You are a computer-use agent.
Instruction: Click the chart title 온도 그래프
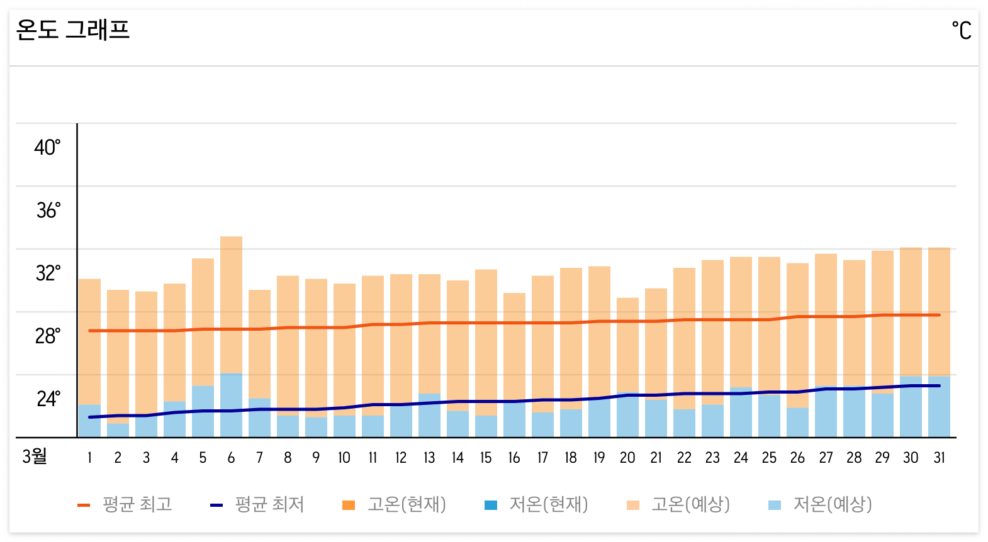(72, 30)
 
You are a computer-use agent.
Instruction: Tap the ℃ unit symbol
(961, 30)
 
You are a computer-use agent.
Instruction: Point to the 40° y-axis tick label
(47, 147)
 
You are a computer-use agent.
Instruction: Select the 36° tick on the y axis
(48, 210)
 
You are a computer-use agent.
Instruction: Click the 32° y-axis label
(48, 273)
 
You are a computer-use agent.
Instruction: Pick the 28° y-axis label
(48, 336)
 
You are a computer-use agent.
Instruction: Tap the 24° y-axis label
(48, 399)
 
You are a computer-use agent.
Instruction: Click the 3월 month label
(35, 456)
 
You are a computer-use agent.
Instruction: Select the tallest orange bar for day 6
(231, 302)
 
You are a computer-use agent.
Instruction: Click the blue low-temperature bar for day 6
(231, 406)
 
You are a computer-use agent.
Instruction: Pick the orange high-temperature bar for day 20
(627, 343)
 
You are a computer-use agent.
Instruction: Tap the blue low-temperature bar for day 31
(939, 407)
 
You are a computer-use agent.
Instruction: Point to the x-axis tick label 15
(486, 458)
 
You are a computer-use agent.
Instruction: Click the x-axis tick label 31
(939, 458)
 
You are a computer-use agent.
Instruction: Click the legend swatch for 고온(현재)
(349, 505)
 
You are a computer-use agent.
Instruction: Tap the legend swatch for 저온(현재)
(491, 505)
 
